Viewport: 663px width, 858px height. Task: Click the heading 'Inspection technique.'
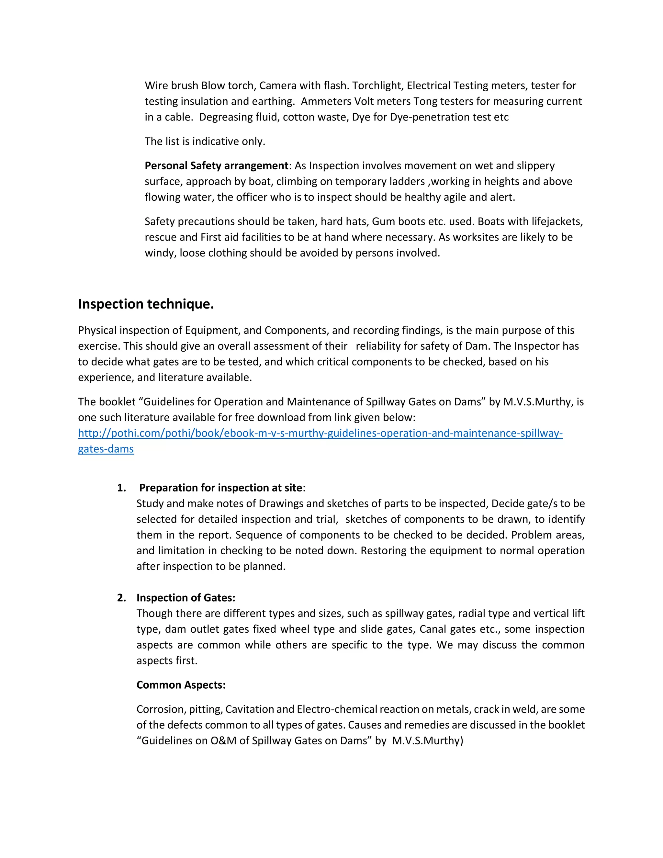(x=146, y=304)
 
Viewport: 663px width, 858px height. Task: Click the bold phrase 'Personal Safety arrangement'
(x=217, y=166)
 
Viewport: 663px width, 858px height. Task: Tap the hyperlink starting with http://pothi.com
(x=320, y=433)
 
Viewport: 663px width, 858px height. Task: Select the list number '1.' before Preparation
(x=121, y=488)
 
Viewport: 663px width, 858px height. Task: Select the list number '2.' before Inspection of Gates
(x=121, y=598)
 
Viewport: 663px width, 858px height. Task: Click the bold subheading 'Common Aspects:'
(x=181, y=685)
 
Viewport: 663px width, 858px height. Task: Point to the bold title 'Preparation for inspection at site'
(x=221, y=488)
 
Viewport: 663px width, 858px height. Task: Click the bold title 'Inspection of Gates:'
(x=186, y=598)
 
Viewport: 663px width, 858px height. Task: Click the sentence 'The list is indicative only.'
(x=205, y=141)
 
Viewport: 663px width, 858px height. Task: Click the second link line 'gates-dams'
(x=106, y=449)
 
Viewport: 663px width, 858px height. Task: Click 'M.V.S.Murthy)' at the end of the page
(x=427, y=741)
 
